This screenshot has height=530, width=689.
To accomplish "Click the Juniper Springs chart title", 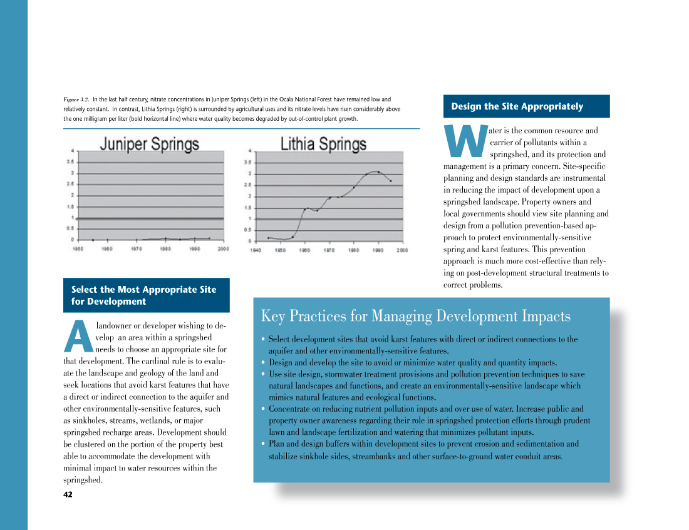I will tap(150, 144).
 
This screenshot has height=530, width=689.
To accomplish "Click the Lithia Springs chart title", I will tap(323, 145).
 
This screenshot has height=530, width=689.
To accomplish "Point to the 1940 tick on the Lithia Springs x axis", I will tap(256, 250).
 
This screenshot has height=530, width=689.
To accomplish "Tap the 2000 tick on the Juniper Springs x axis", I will tap(223, 249).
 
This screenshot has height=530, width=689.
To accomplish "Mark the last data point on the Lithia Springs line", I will tap(391, 181).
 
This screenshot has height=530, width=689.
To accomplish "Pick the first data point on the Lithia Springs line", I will tap(268, 238).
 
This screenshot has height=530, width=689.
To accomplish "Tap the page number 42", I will tap(68, 494).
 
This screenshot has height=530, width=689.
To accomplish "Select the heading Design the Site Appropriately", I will tap(517, 106).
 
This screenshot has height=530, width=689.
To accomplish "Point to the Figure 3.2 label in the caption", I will tap(76, 99).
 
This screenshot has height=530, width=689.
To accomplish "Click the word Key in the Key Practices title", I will tap(272, 316).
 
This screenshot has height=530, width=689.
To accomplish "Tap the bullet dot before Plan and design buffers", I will tap(263, 444).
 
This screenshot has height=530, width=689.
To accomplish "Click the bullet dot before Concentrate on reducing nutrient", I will tap(263, 409).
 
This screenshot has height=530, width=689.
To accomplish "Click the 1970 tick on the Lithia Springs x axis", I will tap(329, 250).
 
